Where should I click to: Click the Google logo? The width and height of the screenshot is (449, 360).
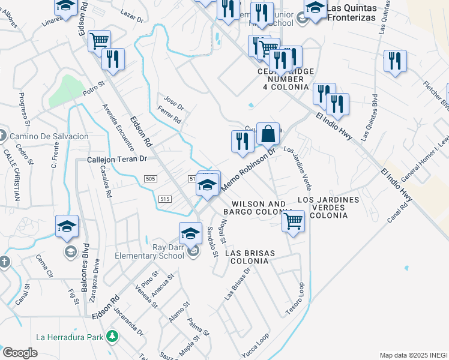[20, 353]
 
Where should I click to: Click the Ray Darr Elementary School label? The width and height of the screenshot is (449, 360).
[151, 252]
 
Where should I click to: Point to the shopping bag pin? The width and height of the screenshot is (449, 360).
[268, 134]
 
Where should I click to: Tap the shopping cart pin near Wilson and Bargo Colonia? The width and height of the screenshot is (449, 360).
[293, 220]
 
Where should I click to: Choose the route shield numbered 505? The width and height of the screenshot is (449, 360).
[151, 178]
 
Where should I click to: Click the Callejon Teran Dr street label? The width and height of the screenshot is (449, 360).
[117, 160]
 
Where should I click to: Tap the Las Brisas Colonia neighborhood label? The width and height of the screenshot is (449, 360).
[250, 258]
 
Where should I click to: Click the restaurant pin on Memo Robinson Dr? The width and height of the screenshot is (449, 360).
[241, 141]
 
